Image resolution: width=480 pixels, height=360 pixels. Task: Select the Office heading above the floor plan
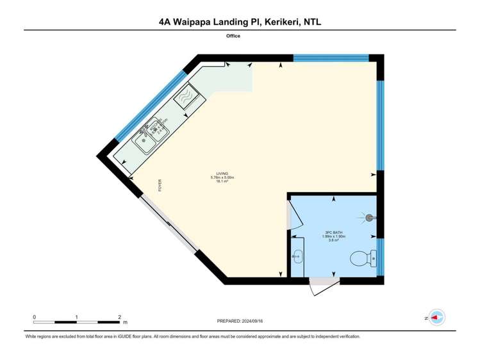click(x=233, y=36)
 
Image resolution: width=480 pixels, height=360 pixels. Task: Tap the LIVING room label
click(x=222, y=173)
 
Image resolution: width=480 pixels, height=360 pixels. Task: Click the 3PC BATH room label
click(x=333, y=233)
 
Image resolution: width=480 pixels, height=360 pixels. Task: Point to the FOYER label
click(x=160, y=185)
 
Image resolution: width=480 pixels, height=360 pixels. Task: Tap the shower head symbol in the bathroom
click(x=369, y=218)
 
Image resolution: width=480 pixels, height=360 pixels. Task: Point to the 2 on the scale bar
click(x=120, y=317)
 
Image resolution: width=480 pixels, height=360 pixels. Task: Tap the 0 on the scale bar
click(x=34, y=317)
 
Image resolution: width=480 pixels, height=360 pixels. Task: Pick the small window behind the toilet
click(x=380, y=257)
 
